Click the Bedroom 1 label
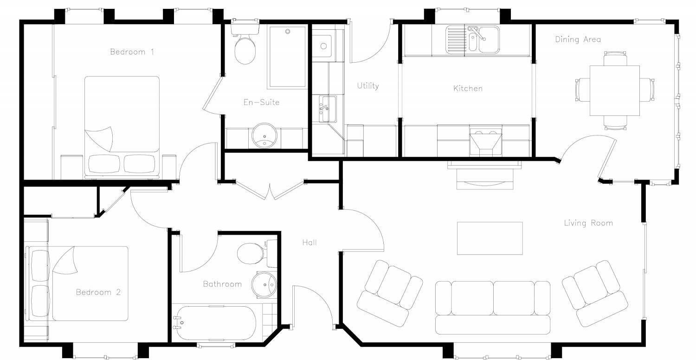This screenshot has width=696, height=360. point(132,51)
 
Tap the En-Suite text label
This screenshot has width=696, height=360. point(261,102)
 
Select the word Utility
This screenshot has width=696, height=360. point(368,86)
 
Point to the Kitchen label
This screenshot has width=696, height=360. point(468,88)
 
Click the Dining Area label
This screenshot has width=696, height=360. point(578,39)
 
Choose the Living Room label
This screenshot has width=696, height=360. point(588,223)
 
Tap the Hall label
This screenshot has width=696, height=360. point(309,242)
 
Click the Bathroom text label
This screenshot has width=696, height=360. point(222,284)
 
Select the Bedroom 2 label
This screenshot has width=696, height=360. point(98,292)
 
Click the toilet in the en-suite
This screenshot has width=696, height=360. point(245,48)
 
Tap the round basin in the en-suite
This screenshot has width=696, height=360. point(264,135)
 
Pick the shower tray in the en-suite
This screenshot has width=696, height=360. point(287,57)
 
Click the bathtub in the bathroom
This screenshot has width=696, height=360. point(214,323)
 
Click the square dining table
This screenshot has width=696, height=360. point(614,90)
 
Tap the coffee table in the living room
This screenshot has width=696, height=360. point(490,238)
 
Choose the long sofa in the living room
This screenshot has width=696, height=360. point(493,307)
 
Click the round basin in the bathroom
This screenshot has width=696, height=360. point(264,283)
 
